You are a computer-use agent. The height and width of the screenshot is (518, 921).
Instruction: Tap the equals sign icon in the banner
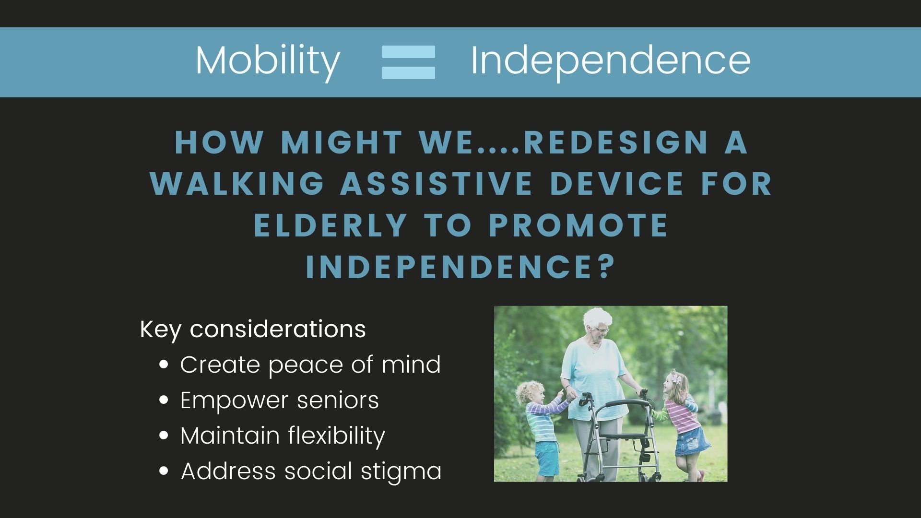tap(408, 62)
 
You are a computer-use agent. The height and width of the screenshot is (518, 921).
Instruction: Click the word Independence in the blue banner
tap(611, 61)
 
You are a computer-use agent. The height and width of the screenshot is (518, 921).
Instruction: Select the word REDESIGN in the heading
tap(615, 142)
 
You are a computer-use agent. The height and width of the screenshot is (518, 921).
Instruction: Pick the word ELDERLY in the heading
tap(331, 225)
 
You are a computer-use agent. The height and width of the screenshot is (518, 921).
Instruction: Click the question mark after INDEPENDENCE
tap(606, 267)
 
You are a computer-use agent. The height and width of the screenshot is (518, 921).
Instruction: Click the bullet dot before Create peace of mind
tap(164, 365)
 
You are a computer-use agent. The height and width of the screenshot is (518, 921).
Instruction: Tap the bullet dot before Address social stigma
tap(164, 471)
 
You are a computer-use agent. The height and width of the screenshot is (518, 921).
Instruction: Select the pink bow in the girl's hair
tap(676, 379)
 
